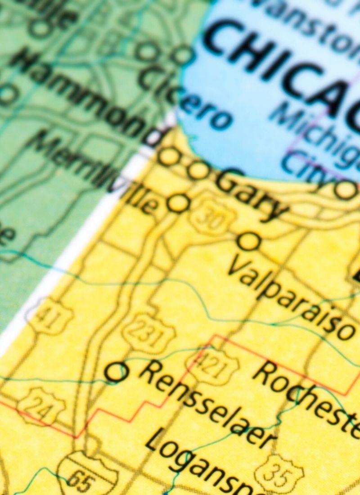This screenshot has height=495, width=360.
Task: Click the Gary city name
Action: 252,193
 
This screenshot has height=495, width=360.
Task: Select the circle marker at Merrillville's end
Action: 178,203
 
